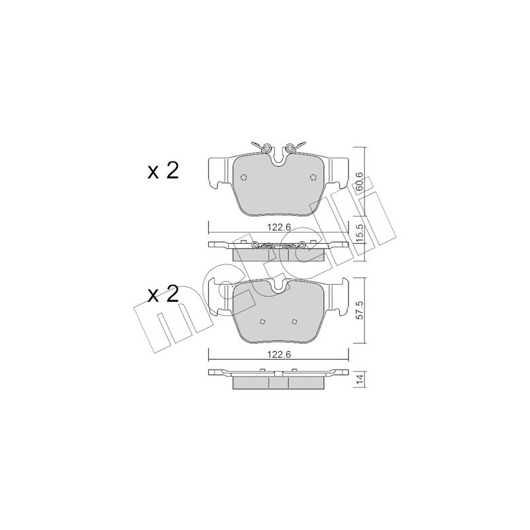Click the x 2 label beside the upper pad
[163, 171]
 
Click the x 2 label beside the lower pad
[163, 293]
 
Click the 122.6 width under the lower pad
[278, 354]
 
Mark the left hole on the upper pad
[243, 177]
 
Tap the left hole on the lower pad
[263, 322]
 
